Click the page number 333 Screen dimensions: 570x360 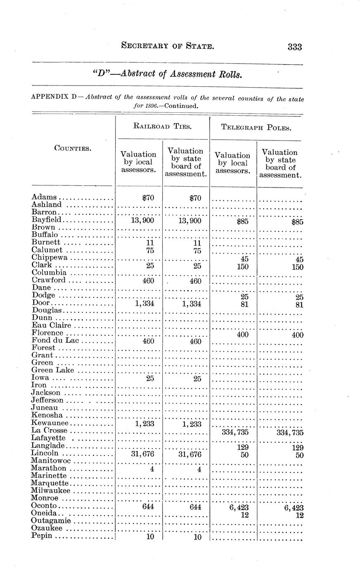[x=295, y=47]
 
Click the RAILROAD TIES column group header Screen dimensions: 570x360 [x=163, y=127]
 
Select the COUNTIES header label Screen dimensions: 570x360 [x=73, y=148]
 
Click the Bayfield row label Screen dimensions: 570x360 [x=47, y=220]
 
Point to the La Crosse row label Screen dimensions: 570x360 [x=49, y=430]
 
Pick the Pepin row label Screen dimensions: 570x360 [x=42, y=536]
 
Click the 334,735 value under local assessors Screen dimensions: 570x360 [x=234, y=432]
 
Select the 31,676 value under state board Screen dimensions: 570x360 [x=187, y=455]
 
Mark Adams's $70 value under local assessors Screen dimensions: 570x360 [x=147, y=198]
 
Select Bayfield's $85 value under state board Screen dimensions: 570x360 [x=296, y=222]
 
